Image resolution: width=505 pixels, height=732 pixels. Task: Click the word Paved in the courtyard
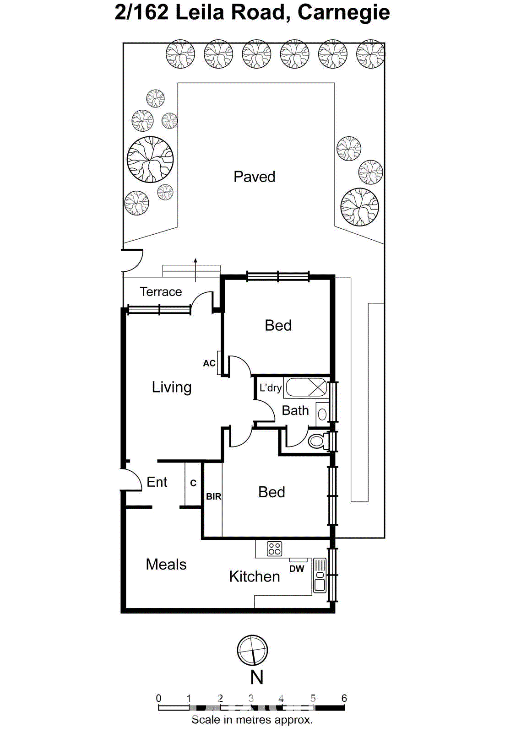[254, 177]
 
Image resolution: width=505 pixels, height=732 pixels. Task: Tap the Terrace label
[161, 292]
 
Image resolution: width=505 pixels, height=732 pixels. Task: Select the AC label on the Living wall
[209, 363]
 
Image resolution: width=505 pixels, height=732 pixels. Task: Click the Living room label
[172, 387]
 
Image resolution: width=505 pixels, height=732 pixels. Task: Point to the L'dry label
[270, 388]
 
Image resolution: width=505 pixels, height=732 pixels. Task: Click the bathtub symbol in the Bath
[306, 388]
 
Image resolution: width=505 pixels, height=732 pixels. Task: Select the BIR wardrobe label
[213, 496]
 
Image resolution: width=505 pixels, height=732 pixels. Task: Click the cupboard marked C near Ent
[193, 483]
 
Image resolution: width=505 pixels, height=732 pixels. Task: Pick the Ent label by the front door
[157, 482]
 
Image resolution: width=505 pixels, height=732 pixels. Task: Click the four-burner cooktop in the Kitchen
[274, 549]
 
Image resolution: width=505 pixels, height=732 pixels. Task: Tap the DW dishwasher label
[297, 569]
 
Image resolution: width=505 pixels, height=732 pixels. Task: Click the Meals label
[166, 565]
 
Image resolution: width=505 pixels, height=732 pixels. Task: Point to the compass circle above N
[252, 650]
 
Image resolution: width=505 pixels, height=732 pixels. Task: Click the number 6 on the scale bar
[344, 698]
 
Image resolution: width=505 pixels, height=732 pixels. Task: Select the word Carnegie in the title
[343, 12]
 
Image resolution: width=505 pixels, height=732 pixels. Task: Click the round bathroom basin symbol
[322, 414]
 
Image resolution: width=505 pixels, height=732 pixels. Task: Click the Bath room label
[295, 411]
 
